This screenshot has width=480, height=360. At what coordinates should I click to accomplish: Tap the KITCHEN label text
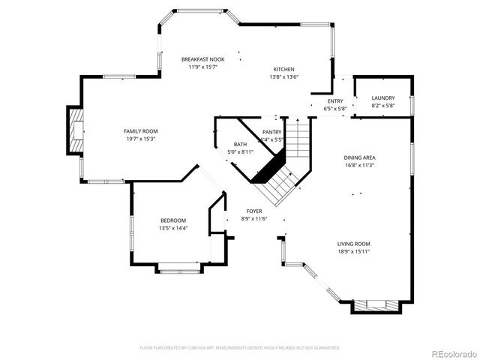tap(283, 68)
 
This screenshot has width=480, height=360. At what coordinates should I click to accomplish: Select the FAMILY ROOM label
tap(140, 131)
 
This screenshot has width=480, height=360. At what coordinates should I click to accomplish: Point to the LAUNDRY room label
tap(382, 98)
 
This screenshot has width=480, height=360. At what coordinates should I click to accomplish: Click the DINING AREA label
tap(359, 157)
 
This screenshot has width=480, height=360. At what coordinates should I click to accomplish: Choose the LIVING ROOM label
tap(353, 244)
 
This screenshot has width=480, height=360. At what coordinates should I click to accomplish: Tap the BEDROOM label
tap(172, 220)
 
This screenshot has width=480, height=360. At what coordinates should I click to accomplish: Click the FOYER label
tap(254, 211)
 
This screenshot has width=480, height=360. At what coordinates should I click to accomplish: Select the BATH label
tap(240, 144)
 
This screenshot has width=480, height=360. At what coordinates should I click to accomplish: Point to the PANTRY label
tap(271, 132)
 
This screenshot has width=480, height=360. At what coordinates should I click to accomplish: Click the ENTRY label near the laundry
tap(335, 101)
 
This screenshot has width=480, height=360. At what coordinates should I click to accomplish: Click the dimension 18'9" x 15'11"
tap(353, 252)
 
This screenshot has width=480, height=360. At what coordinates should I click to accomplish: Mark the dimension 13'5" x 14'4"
tap(172, 228)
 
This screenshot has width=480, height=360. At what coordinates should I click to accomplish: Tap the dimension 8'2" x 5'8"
tap(382, 106)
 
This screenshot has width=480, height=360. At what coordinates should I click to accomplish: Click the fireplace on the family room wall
tap(76, 131)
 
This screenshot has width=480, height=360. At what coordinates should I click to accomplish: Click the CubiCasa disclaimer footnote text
tap(240, 348)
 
